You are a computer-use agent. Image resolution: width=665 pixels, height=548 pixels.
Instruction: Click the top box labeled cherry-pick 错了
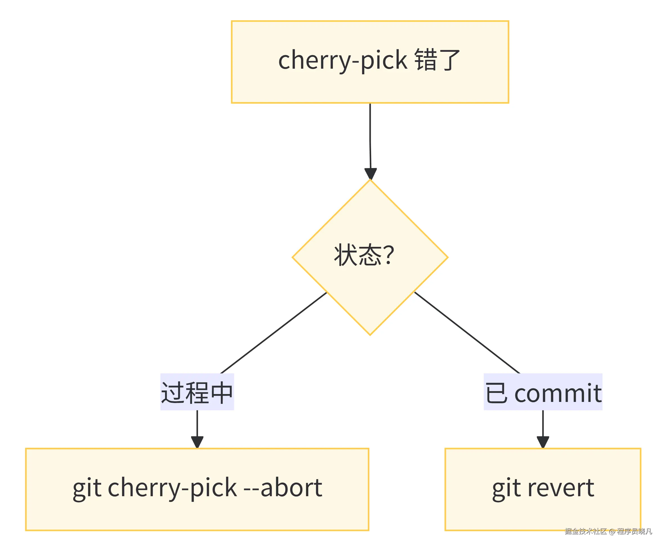tap(370, 62)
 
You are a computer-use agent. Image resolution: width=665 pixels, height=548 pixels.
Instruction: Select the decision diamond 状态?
tap(370, 257)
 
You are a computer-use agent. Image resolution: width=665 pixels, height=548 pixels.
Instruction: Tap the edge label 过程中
tap(197, 392)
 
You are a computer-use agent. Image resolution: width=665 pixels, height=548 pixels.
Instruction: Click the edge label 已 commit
tap(543, 392)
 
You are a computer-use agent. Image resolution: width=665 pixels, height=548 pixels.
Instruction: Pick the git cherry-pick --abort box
tap(197, 489)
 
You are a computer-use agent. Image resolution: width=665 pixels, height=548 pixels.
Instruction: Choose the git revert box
tap(543, 489)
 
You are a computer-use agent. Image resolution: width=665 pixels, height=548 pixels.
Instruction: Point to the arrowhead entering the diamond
tap(371, 173)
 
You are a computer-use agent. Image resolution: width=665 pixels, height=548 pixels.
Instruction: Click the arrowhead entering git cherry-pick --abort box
tap(197, 442)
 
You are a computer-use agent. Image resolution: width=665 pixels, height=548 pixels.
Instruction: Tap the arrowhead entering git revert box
tap(543, 442)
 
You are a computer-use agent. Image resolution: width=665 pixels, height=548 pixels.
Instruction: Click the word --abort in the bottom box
tap(283, 488)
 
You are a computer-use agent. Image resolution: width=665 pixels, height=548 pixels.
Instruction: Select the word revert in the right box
tap(561, 488)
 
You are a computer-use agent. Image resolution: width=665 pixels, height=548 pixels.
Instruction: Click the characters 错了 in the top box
tap(437, 60)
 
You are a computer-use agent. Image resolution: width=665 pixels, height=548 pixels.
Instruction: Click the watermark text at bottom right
tap(608, 531)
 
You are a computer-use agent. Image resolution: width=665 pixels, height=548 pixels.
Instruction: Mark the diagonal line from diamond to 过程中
tap(273, 333)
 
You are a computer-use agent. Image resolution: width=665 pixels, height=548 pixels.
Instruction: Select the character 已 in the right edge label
tap(496, 393)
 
